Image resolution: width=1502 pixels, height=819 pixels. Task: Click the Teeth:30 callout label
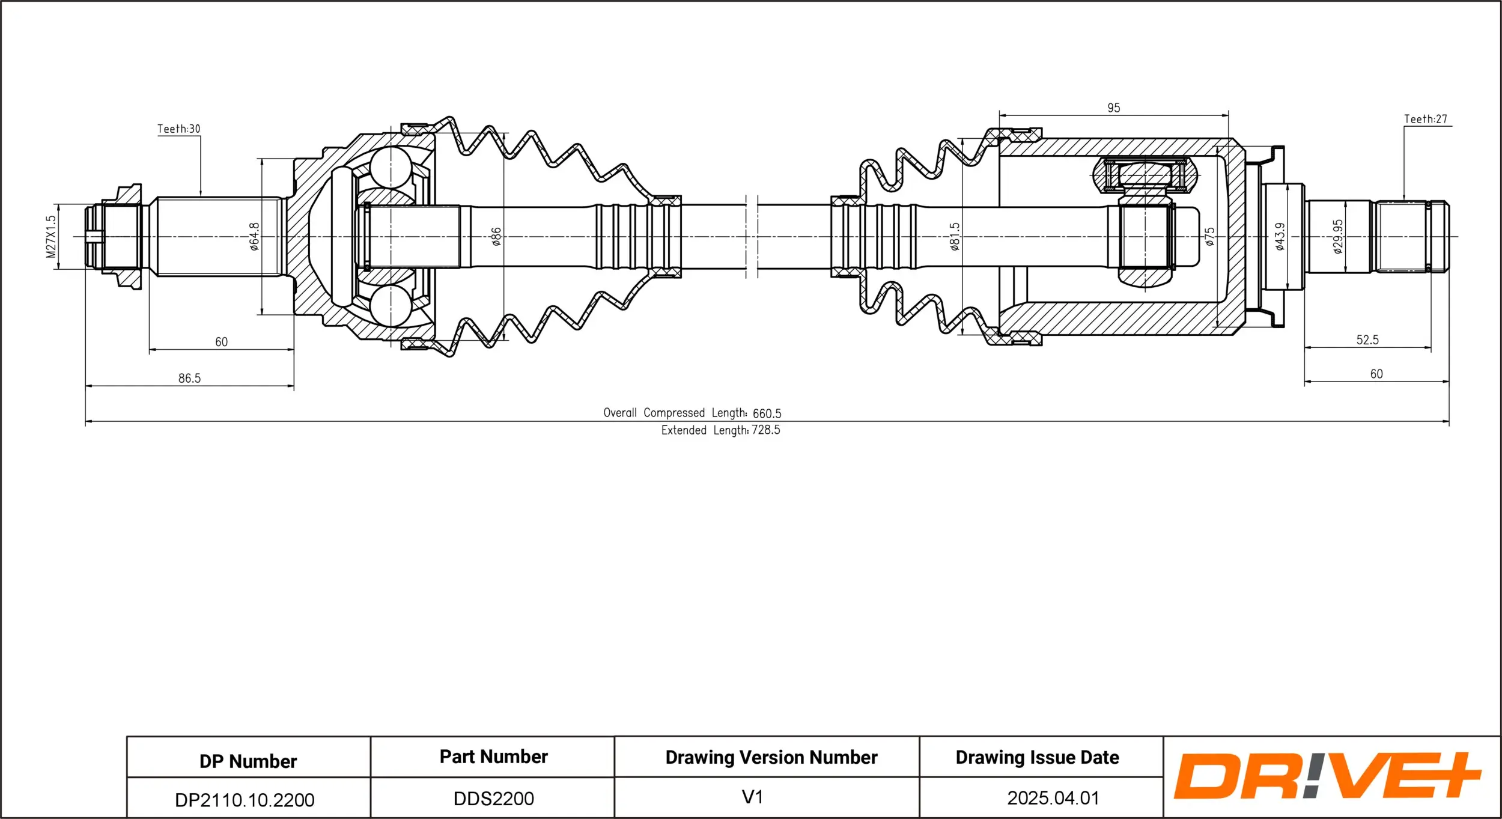[x=178, y=129]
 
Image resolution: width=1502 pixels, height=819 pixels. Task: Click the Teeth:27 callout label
[x=1425, y=119]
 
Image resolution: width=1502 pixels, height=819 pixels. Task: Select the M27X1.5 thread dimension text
[x=51, y=237]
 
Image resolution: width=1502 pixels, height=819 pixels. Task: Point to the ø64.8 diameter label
[x=254, y=236]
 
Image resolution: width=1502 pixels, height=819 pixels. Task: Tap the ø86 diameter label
[x=496, y=236]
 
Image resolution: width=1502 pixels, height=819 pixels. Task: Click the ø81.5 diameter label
[x=955, y=236]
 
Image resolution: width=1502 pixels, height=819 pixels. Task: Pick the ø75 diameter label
[x=1209, y=236]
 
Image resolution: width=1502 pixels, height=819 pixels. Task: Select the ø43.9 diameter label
[x=1280, y=236]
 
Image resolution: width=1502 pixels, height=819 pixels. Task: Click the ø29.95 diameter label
[x=1337, y=236]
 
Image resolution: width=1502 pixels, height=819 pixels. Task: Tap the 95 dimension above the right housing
[x=1113, y=108]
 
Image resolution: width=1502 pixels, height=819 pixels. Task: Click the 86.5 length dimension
[x=189, y=378]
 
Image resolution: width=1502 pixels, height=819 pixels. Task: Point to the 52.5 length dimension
[x=1367, y=339]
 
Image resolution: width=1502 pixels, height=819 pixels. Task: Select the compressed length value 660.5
[x=767, y=413]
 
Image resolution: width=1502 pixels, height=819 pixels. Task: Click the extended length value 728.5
[x=765, y=430]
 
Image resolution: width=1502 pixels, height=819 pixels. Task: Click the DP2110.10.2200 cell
[x=245, y=800]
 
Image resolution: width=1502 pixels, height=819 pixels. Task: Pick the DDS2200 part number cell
[x=493, y=799]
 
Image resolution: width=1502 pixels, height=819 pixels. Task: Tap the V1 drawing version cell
[x=752, y=797]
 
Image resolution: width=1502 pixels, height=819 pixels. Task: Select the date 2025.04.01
[x=1053, y=798]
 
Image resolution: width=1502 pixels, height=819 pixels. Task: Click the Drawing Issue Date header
[x=1037, y=757]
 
